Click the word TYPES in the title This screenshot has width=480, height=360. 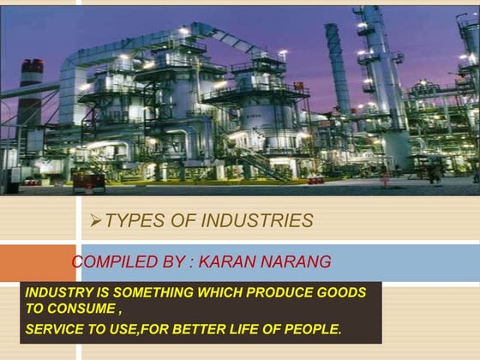[133, 221]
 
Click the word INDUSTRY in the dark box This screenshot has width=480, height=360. [58, 292]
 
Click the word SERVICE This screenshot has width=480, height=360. [56, 329]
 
